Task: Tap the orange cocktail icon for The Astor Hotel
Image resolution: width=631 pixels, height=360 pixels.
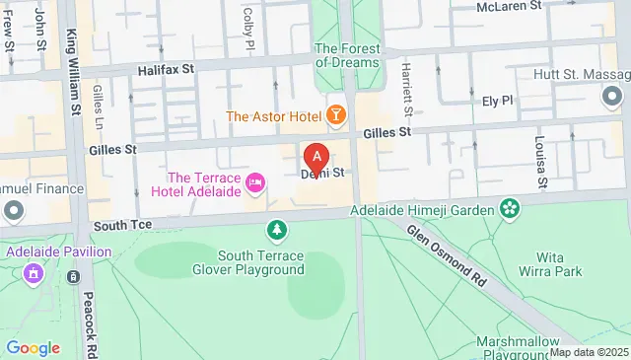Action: tap(337, 116)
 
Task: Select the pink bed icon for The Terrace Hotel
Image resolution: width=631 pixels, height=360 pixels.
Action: tap(255, 181)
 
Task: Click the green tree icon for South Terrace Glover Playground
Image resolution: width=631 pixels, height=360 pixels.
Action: tap(278, 230)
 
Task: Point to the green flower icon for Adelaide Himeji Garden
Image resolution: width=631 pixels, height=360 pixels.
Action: tap(510, 207)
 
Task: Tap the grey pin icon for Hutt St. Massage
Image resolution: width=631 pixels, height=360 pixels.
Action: tap(611, 96)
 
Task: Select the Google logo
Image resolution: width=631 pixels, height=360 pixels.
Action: tap(33, 347)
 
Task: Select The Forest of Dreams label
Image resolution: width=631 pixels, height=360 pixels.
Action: tap(346, 55)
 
